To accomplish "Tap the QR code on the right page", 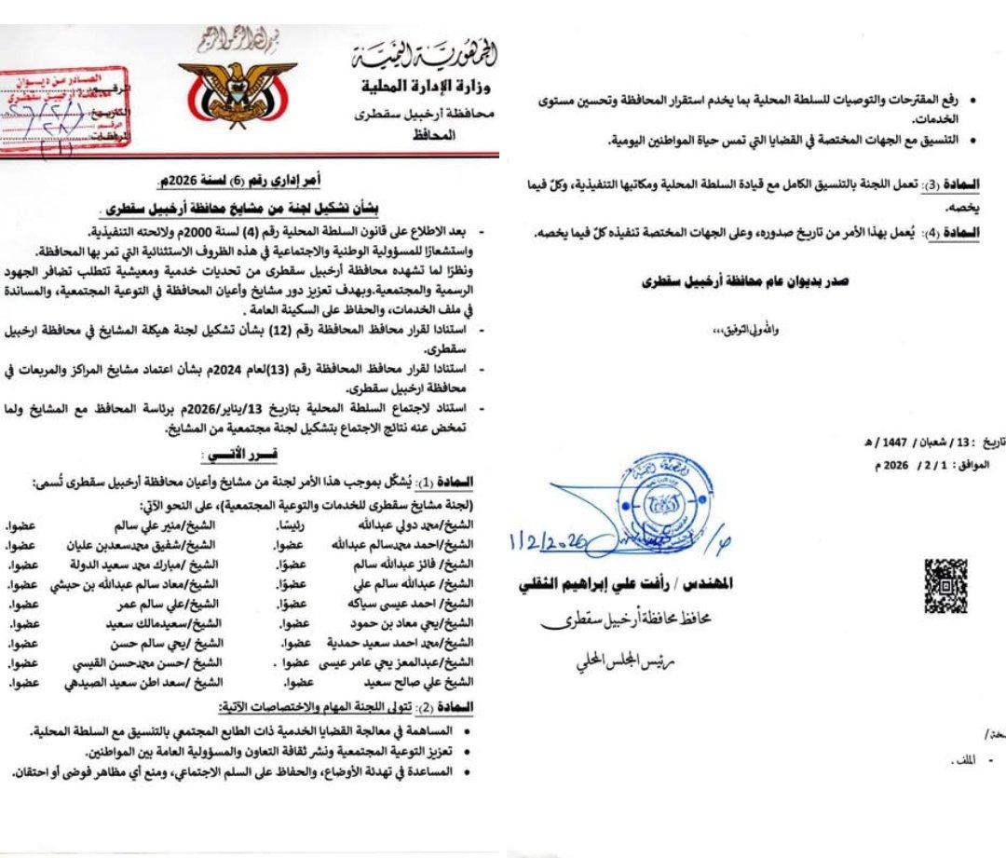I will [x=945, y=585].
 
